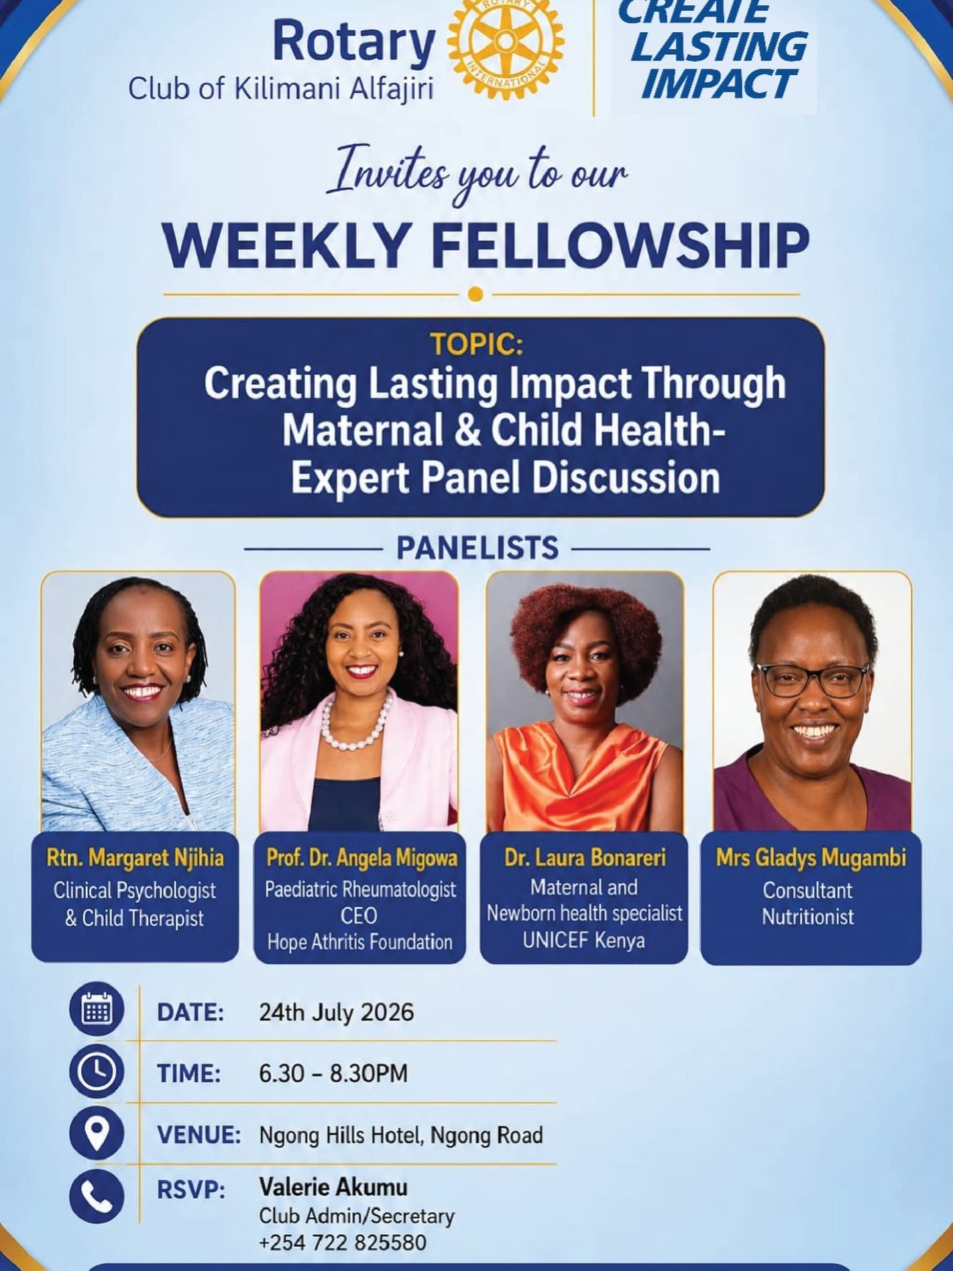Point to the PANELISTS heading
(x=477, y=547)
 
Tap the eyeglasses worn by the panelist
(x=813, y=679)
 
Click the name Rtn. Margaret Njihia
(x=135, y=857)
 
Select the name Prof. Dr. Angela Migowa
(x=362, y=857)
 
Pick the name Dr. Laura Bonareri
(x=585, y=858)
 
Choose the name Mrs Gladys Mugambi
(x=811, y=857)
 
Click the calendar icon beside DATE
(x=97, y=1010)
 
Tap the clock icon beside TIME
(x=97, y=1072)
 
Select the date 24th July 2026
(x=336, y=1011)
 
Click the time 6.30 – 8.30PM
(x=333, y=1073)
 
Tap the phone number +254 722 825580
(x=343, y=1242)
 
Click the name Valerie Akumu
(x=333, y=1187)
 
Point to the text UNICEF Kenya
(x=584, y=940)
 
